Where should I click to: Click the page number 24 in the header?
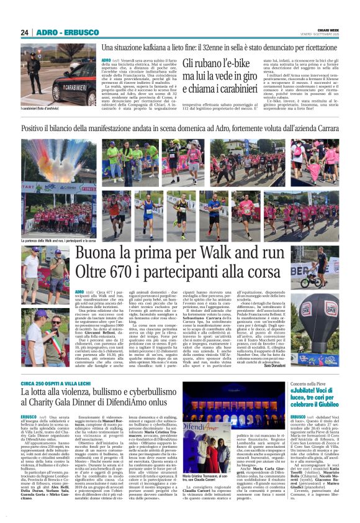click(25, 32)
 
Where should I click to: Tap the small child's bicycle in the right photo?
click(331, 282)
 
